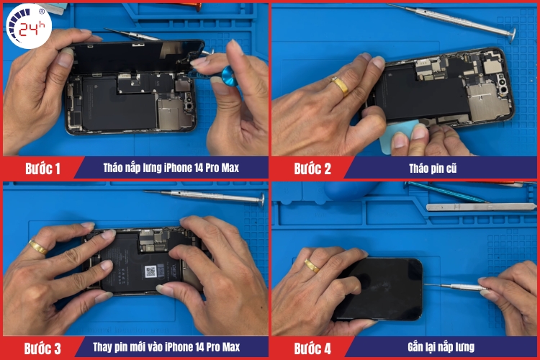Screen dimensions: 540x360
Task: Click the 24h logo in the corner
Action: (x=29, y=26)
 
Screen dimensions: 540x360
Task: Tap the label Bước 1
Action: (x=42, y=168)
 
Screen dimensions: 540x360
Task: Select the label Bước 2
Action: (x=312, y=168)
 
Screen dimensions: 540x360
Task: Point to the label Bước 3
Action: (x=42, y=348)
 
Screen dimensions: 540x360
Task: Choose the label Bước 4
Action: (x=312, y=348)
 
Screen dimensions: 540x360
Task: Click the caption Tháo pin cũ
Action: (x=433, y=168)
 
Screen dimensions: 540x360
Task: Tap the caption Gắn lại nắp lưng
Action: (x=441, y=347)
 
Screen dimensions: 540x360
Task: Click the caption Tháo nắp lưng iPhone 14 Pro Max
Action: (x=171, y=168)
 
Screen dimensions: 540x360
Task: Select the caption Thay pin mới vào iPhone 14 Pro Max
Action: (x=166, y=347)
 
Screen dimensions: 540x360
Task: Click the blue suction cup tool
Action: (x=229, y=76)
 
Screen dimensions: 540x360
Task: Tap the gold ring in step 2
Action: (x=341, y=86)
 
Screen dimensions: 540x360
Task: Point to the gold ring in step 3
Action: (x=37, y=247)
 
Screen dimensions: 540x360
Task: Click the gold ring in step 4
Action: (x=312, y=266)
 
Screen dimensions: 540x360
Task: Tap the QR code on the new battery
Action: (x=150, y=271)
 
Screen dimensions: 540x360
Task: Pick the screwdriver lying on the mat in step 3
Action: (x=205, y=196)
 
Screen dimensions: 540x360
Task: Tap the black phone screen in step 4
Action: (x=379, y=289)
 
